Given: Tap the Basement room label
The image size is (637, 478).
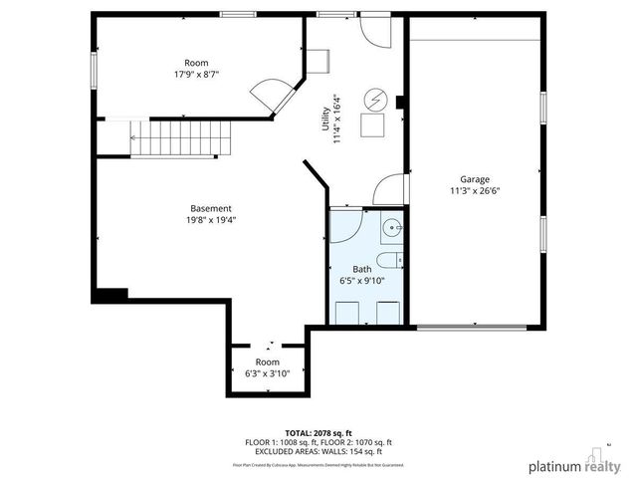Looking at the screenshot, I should pos(211,208).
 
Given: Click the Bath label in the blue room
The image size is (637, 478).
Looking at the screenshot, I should pos(361,270).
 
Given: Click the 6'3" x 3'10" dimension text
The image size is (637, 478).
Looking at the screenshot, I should pos(267,373).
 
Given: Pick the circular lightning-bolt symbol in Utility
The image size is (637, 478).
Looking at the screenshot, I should pos(375,100).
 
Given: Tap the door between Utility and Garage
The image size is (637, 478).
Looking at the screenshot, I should pos(390,189).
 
